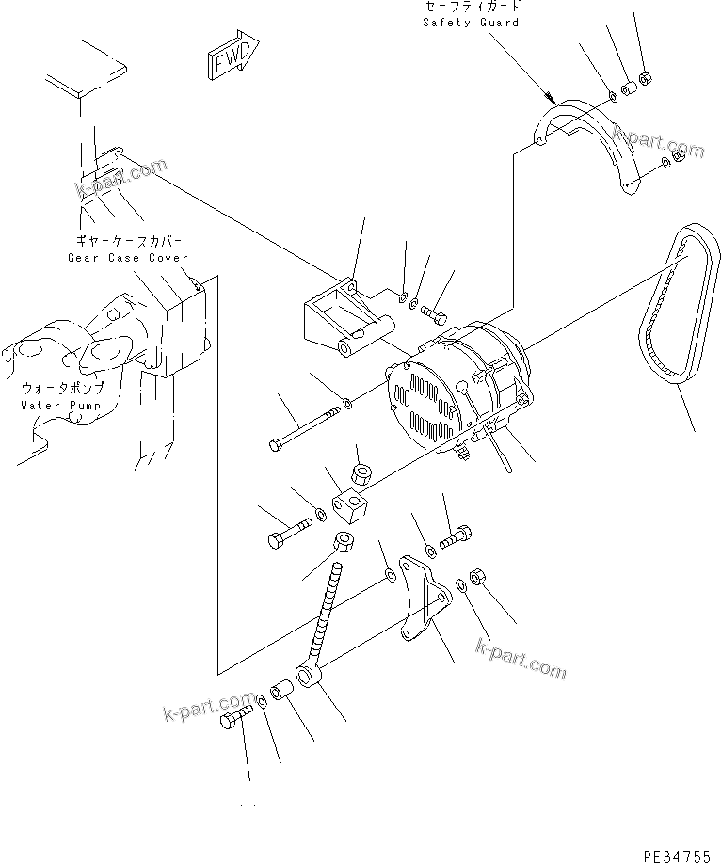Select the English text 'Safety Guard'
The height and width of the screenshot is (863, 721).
471,23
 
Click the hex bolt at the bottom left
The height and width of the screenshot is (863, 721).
234,722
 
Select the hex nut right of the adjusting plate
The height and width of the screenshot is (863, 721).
475,575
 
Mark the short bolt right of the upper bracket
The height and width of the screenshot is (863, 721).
434,309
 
